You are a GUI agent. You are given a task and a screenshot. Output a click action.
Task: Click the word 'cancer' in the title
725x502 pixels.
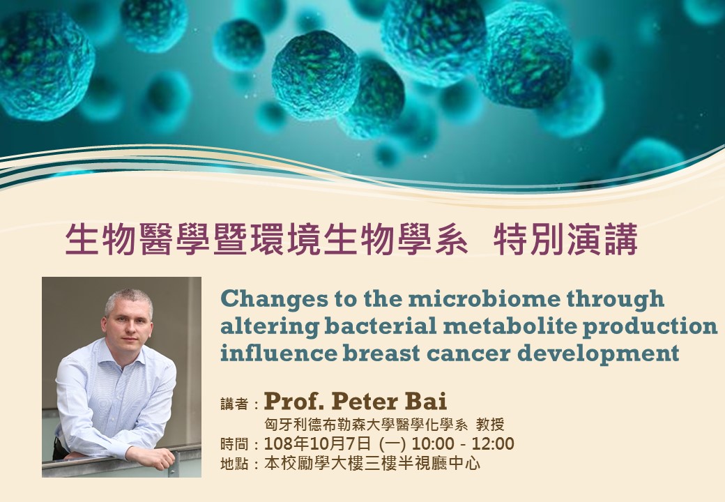point(468,353)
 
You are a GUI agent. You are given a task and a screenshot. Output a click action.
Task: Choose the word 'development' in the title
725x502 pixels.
point(598,353)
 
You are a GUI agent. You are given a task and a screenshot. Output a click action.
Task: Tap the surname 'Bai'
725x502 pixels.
point(427,402)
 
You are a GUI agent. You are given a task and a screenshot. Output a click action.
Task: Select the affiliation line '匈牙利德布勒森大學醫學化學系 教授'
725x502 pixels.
point(384,425)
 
